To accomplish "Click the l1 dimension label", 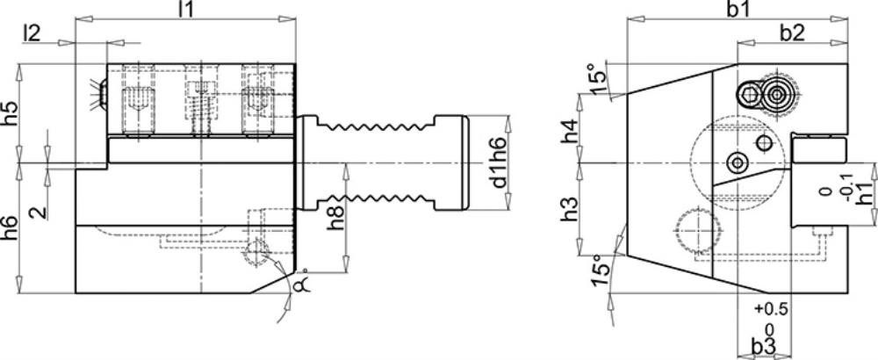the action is click(187, 10).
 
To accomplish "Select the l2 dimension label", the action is click(32, 34).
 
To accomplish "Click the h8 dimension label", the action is click(337, 216).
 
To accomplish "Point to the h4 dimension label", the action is click(570, 132).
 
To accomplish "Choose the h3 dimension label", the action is click(570, 208).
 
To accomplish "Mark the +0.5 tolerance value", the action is click(771, 308).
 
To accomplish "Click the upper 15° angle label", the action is click(598, 83).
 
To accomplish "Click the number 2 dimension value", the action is click(40, 212).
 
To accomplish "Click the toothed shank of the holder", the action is click(382, 162).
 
